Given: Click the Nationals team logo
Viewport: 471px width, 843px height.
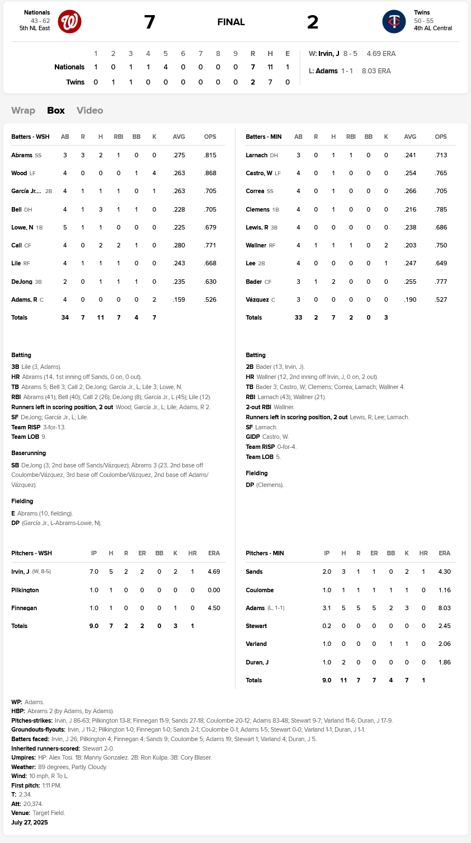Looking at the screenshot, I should [x=70, y=22].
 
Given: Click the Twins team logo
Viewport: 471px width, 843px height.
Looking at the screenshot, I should [x=394, y=22].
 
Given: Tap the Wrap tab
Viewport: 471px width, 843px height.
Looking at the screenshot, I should [x=23, y=110].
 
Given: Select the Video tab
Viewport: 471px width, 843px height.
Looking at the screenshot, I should [x=90, y=110].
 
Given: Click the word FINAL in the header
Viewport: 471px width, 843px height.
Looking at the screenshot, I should [x=231, y=22].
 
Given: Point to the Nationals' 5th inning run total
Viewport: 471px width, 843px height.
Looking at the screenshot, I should [x=166, y=67].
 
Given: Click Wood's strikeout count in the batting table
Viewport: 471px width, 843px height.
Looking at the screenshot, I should [x=154, y=173].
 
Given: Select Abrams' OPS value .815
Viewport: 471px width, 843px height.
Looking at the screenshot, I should [x=210, y=155].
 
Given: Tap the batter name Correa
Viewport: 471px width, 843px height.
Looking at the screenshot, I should [x=255, y=191].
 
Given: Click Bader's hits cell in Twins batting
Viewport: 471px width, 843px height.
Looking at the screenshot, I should [x=333, y=282].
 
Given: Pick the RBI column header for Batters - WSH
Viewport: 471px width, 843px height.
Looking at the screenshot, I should [x=118, y=137].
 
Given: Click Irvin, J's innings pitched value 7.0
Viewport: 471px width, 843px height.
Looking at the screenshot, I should [x=94, y=572].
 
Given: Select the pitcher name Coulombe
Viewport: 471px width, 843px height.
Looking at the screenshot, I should [x=260, y=590].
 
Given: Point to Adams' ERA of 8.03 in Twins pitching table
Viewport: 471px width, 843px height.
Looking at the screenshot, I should [x=444, y=608].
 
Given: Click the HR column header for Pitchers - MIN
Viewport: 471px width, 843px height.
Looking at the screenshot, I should [x=423, y=553].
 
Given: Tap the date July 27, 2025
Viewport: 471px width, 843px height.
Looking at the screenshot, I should [x=30, y=822].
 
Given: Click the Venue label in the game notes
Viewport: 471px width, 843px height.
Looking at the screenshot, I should [x=20, y=813].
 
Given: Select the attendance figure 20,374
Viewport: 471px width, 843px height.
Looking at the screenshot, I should [x=33, y=804].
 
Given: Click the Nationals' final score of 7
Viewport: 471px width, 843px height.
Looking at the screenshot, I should [x=149, y=22].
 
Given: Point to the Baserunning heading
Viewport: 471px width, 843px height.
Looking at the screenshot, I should [x=29, y=453].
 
